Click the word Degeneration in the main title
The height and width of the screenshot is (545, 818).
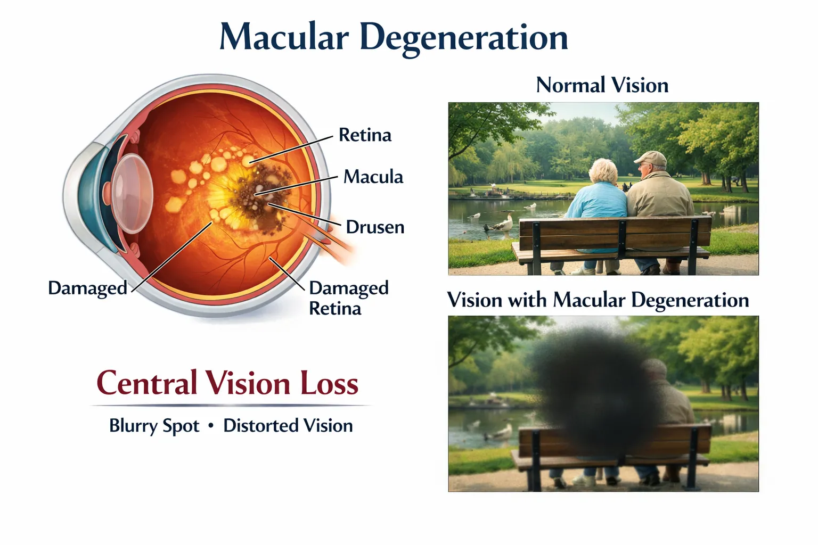(x=463, y=38)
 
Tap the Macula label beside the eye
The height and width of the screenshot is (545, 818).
(x=373, y=177)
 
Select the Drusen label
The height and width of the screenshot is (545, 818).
(x=375, y=227)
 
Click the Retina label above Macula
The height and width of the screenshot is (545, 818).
(x=365, y=135)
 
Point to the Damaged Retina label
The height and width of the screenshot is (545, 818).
(x=348, y=298)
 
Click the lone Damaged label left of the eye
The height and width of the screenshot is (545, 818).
(x=87, y=288)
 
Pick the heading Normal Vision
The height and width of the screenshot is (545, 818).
(x=602, y=85)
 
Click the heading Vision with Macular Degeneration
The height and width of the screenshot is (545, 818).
(x=598, y=300)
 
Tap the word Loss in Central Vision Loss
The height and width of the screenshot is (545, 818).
(x=329, y=383)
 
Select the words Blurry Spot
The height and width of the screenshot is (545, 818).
(x=154, y=426)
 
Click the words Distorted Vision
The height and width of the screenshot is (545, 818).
(x=288, y=426)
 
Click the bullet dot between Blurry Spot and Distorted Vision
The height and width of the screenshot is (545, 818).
(x=211, y=426)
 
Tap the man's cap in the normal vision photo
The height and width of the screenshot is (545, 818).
(x=651, y=158)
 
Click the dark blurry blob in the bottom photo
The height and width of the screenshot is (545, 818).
(x=586, y=389)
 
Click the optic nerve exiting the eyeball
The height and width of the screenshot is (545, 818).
(x=333, y=242)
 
